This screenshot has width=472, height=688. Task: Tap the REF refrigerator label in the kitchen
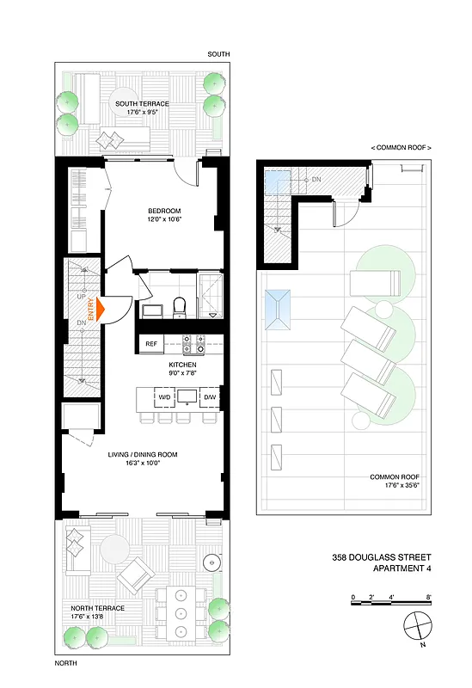coord(150,344)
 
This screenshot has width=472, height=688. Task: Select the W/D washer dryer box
coord(164,397)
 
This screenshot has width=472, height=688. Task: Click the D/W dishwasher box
coord(210,397)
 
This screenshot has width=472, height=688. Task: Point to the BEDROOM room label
coord(162,214)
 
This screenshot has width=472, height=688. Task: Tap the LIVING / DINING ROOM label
coord(143,454)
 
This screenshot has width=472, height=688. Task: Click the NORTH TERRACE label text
coord(98,608)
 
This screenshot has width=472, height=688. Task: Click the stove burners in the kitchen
coord(193,344)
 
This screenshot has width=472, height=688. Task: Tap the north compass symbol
coord(416,623)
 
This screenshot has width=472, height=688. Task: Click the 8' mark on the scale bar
coord(428,596)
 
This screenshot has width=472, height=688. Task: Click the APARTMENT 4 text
coord(402,568)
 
